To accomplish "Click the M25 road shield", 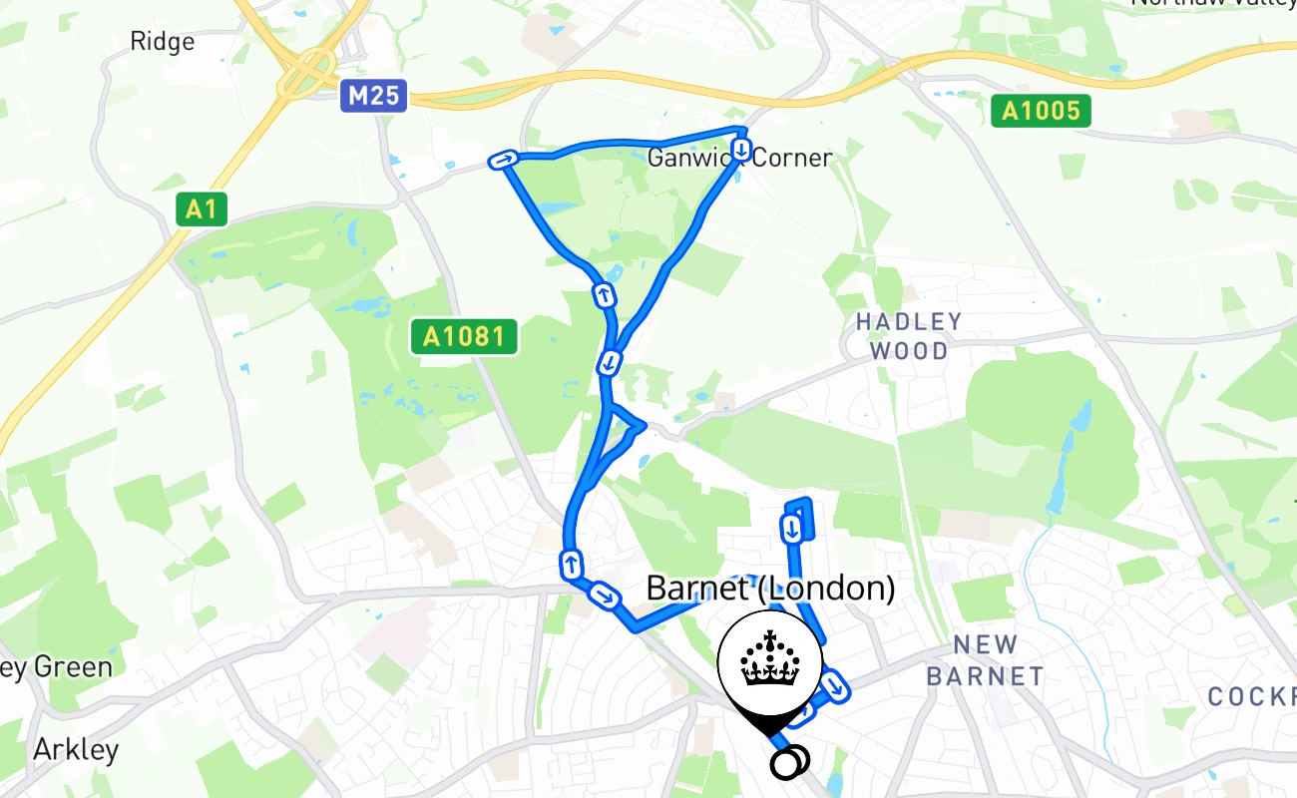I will (x=374, y=96).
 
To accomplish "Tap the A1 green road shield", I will (x=201, y=209).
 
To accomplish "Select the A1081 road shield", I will (x=464, y=336).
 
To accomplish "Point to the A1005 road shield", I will (x=1042, y=110).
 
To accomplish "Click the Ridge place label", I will (x=162, y=41).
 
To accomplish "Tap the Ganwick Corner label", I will (x=739, y=158).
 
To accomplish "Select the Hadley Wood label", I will (x=909, y=336).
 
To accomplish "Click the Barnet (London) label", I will (x=770, y=588).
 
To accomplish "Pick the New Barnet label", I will (x=984, y=660).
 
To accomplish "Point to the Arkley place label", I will (x=76, y=749).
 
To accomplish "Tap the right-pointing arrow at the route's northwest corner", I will (x=503, y=160).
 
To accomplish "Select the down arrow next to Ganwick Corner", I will (x=742, y=150).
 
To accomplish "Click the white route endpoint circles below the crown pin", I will (x=789, y=762).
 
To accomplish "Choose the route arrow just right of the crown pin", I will (x=835, y=686).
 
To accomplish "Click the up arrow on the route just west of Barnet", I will (x=572, y=564).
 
